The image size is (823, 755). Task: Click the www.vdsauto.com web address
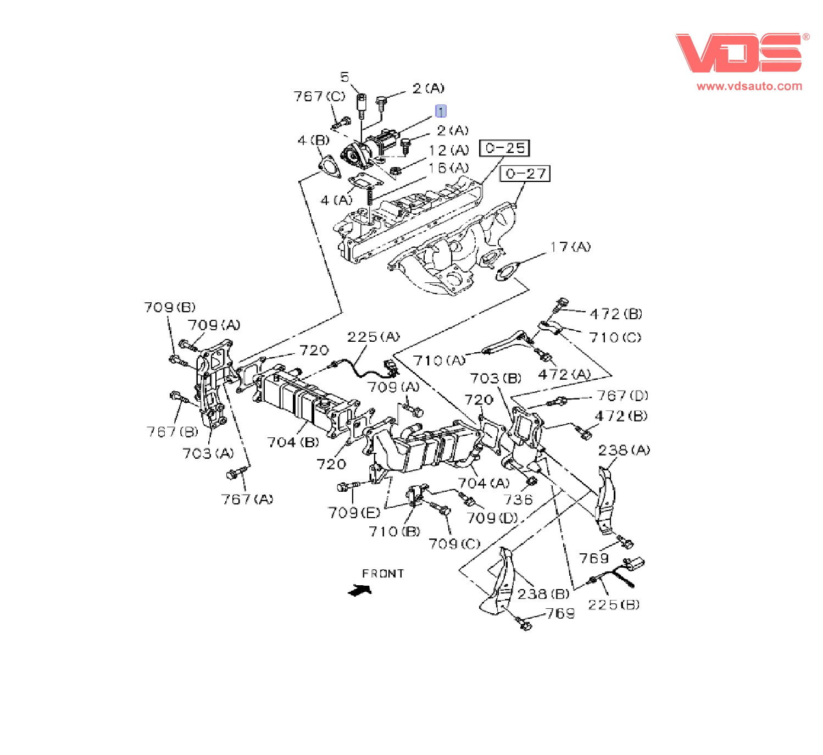click(749, 86)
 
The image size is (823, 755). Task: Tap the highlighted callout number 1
click(441, 111)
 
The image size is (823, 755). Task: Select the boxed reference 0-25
click(504, 148)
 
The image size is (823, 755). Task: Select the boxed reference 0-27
click(525, 174)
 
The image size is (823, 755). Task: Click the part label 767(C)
click(319, 96)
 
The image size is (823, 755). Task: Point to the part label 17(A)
click(570, 247)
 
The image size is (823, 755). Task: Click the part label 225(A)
click(373, 336)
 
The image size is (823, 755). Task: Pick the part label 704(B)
click(293, 442)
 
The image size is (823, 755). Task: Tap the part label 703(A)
click(208, 453)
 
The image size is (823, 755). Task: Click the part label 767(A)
click(247, 499)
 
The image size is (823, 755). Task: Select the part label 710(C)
click(615, 337)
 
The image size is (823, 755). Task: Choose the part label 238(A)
click(624, 450)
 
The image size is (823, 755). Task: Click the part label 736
click(518, 499)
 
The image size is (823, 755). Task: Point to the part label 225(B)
click(614, 604)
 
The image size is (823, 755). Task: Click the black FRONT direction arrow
click(360, 591)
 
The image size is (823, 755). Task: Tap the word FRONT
click(383, 573)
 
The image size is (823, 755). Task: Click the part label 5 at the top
click(345, 77)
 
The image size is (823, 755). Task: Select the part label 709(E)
click(354, 512)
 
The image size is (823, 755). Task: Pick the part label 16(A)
click(448, 167)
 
